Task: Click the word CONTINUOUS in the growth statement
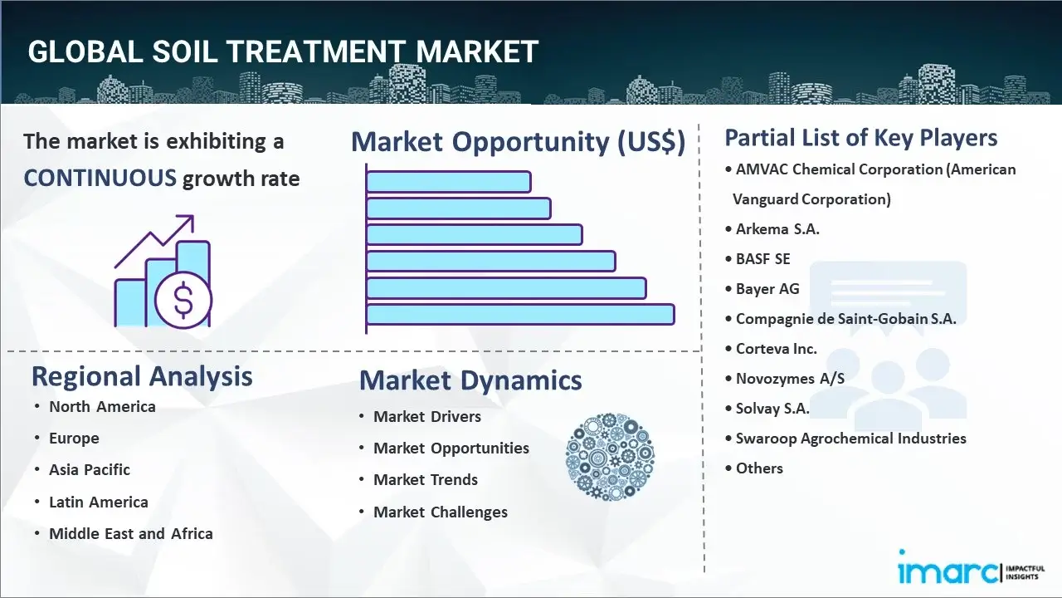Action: coord(100,179)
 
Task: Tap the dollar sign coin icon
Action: coord(183,301)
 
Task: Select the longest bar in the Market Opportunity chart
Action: coord(520,314)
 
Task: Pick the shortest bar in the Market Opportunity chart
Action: coord(449,182)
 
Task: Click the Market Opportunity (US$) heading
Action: coord(519,141)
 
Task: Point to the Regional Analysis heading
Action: coord(142,376)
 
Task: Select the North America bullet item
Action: coord(102,407)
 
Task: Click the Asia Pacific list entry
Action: coord(89,470)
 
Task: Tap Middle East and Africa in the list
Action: coord(131,533)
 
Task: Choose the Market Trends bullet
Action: coord(426,480)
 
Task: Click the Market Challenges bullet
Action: coord(441,512)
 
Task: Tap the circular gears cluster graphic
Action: coord(610,457)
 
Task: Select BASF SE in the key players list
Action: coord(762,259)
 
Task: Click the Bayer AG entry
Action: coord(767,288)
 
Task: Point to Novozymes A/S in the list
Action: coord(790,378)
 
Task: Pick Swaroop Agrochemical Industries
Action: coord(850,438)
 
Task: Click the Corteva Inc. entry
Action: coord(776,349)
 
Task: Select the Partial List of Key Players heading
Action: coord(861,138)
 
